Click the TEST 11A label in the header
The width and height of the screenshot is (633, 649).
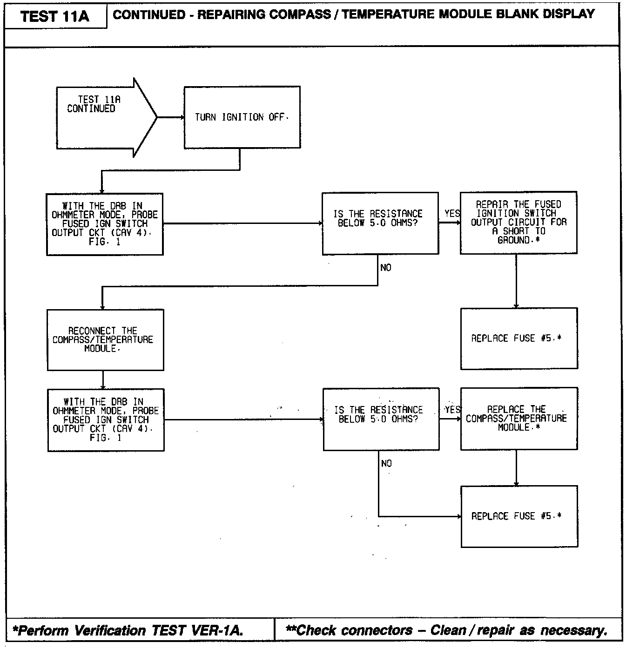(54, 16)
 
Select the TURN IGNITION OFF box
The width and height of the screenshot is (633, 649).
(242, 117)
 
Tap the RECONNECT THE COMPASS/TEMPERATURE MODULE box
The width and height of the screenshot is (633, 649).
(105, 340)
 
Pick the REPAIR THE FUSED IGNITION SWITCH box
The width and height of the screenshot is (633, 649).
(519, 223)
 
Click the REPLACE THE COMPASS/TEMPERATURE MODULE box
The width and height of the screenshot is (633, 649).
(519, 419)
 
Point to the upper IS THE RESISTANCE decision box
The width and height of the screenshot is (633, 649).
(380, 223)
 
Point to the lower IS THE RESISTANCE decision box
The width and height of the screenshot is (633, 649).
(381, 419)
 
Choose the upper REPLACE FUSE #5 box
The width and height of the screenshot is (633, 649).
(519, 338)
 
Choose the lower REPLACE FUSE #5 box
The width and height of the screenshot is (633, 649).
(519, 517)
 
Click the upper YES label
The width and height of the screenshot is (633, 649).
(452, 213)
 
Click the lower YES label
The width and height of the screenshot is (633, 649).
(453, 410)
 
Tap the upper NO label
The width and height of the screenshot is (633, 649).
(386, 268)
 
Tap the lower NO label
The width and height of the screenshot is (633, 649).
(386, 463)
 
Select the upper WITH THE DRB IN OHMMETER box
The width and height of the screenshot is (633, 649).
(105, 224)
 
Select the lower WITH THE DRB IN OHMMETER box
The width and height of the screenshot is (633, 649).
(106, 420)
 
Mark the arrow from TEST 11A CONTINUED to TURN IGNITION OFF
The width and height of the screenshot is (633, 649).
(171, 117)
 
